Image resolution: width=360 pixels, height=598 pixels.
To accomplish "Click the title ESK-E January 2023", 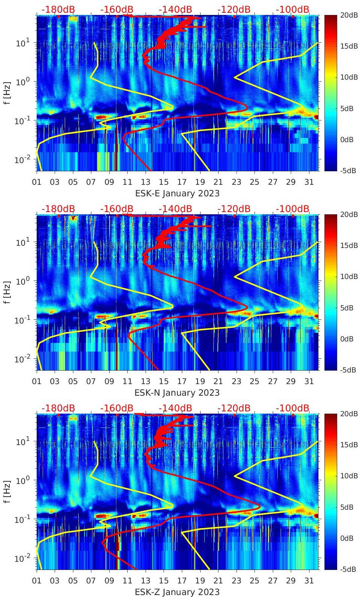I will [177, 193].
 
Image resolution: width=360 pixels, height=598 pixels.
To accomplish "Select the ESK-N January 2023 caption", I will [177, 393].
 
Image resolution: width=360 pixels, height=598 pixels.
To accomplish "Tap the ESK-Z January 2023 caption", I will [177, 592].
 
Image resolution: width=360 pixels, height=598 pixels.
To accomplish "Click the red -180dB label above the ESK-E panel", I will [58, 9].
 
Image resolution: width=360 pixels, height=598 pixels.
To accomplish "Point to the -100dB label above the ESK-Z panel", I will [293, 408].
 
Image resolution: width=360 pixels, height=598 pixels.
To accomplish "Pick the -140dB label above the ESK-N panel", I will [175, 209].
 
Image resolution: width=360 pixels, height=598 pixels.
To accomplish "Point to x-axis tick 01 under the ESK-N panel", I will [37, 381].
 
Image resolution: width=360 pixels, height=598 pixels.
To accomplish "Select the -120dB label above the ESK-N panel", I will [234, 209].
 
